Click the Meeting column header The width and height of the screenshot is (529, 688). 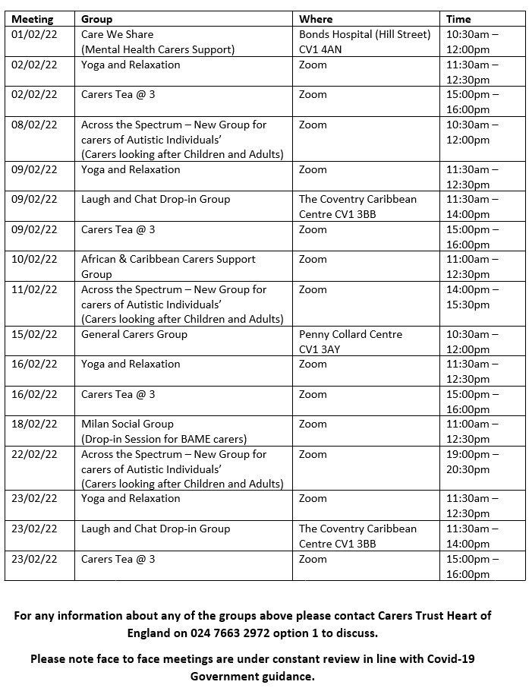click(33, 19)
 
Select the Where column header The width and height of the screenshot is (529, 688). click(316, 19)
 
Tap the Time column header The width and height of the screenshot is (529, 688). click(458, 19)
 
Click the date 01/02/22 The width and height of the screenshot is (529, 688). click(34, 34)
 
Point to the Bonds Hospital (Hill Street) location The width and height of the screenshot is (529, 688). click(364, 34)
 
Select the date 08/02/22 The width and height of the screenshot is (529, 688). click(34, 125)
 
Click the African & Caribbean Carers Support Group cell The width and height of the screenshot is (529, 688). click(168, 267)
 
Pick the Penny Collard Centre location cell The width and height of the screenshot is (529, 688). click(351, 342)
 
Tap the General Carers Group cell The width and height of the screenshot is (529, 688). click(134, 334)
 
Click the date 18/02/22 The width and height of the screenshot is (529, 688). click(34, 424)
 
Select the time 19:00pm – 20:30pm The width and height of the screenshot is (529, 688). click(472, 462)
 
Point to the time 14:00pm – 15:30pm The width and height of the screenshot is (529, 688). click(472, 297)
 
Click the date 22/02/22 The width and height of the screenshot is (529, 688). click(34, 454)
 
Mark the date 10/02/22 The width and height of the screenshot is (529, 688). click(34, 259)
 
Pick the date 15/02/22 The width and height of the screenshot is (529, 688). click(34, 334)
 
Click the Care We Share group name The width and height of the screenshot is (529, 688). click(117, 34)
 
